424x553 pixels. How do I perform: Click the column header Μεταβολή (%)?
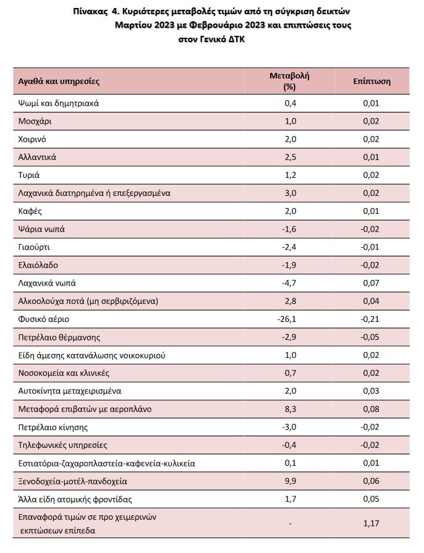click(x=290, y=81)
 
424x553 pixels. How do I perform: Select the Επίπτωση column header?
click(x=372, y=82)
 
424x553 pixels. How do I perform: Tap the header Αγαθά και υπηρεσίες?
click(x=59, y=82)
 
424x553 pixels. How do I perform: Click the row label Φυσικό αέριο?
click(x=44, y=319)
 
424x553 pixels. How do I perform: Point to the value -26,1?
click(x=287, y=319)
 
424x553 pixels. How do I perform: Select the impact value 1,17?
click(x=371, y=523)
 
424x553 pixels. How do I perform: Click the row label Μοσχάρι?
click(x=35, y=121)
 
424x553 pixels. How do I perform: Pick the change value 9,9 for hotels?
click(x=290, y=481)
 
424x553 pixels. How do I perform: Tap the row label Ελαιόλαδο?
click(x=38, y=265)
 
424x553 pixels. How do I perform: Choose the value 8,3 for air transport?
click(x=290, y=409)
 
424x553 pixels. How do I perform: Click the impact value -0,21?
click(x=370, y=319)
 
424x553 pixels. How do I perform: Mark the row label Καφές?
click(x=30, y=211)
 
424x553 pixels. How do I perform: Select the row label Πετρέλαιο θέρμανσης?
click(x=59, y=337)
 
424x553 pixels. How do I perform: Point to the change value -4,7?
click(x=289, y=283)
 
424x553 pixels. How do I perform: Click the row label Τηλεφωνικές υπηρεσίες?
click(x=63, y=445)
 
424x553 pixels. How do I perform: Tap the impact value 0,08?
click(x=371, y=409)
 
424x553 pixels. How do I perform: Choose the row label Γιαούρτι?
click(x=34, y=247)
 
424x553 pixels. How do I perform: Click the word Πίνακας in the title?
click(x=90, y=12)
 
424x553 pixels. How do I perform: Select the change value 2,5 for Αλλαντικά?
click(x=290, y=158)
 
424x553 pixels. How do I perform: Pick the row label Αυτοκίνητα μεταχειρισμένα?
click(x=70, y=391)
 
